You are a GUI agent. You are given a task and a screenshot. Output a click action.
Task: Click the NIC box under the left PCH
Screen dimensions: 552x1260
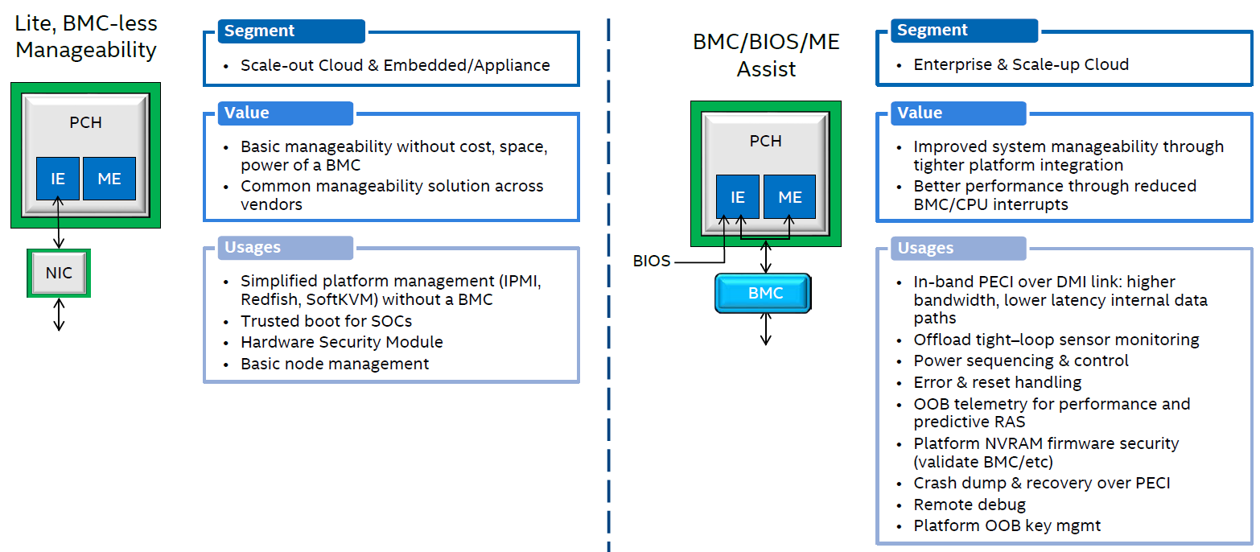[x=59, y=273]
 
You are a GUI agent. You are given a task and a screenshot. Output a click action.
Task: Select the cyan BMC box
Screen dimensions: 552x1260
[x=765, y=294]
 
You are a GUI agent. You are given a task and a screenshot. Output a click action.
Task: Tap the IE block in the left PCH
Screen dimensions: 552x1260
[x=58, y=179]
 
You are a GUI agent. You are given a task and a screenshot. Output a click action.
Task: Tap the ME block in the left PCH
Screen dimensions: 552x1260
[x=109, y=179]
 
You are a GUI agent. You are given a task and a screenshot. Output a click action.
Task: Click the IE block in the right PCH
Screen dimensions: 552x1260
[x=738, y=197]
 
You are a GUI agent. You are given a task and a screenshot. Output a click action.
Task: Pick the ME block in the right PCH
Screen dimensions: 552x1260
[x=790, y=197]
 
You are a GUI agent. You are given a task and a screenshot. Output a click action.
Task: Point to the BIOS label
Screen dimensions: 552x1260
[x=652, y=262]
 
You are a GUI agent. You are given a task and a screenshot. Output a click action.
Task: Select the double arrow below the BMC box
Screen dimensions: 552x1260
[x=765, y=329]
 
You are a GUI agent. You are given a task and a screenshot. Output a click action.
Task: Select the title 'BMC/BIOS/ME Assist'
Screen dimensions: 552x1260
[x=766, y=55]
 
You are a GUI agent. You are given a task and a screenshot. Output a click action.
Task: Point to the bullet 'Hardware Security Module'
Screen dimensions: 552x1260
[x=341, y=342]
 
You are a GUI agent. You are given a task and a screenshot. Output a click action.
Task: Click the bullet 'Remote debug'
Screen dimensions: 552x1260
[x=970, y=505]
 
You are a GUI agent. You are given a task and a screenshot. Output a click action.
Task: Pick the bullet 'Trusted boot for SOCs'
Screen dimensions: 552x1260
[x=326, y=321]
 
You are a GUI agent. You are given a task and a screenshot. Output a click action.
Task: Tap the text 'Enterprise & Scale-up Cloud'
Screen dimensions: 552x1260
[x=1020, y=64]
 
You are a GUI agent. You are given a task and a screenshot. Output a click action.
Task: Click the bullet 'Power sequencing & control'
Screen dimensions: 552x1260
[x=1020, y=360]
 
